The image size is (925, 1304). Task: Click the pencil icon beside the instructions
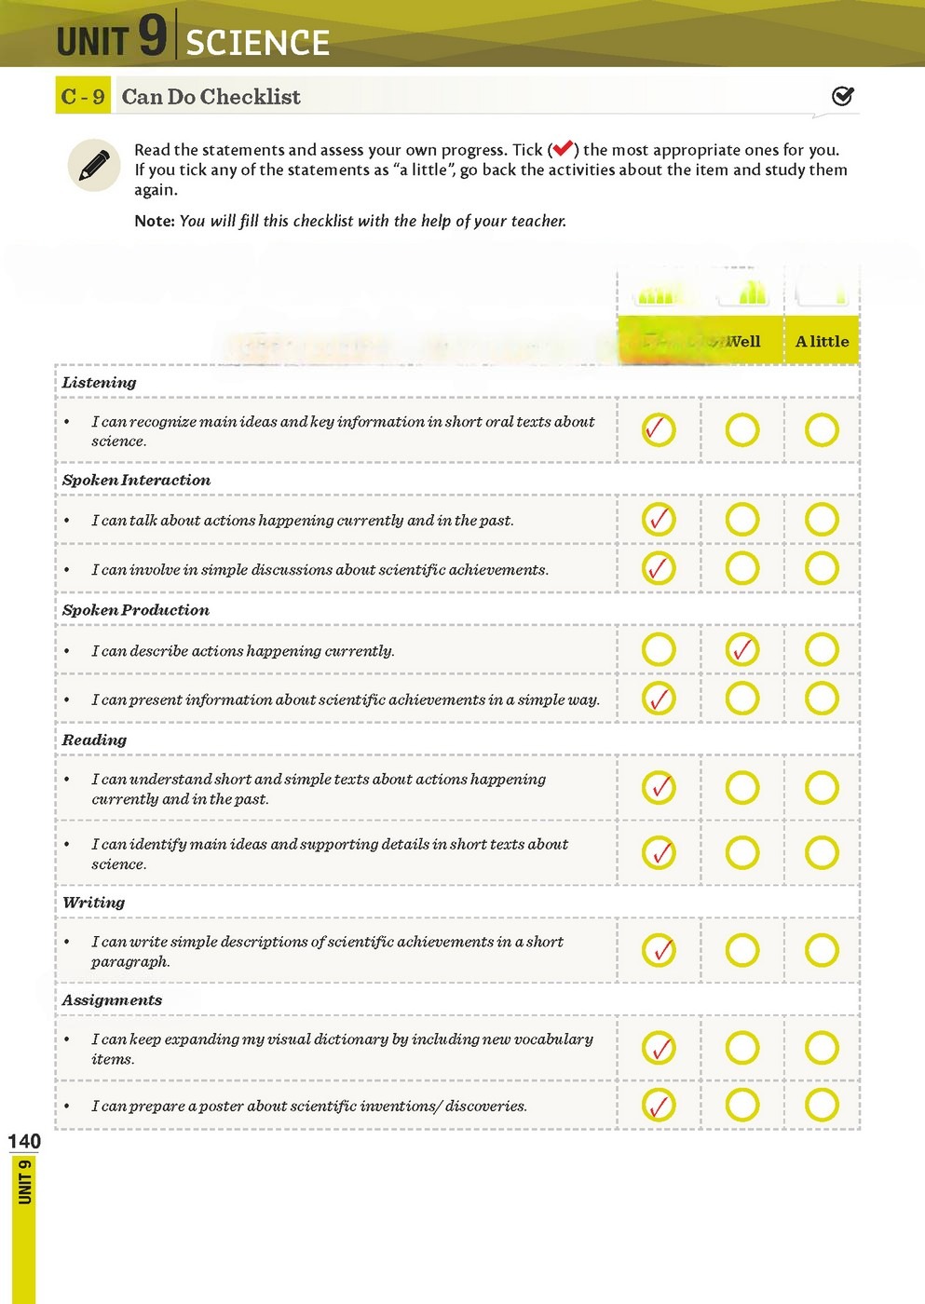click(x=94, y=166)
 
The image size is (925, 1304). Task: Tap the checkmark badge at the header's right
click(x=842, y=96)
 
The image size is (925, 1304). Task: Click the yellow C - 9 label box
click(x=83, y=96)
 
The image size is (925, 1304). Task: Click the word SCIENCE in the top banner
click(x=258, y=43)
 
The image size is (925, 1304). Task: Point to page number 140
click(x=24, y=1141)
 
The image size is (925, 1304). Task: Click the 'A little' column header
click(x=822, y=342)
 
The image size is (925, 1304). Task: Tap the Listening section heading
click(x=99, y=382)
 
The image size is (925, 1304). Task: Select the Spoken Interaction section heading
click(x=136, y=480)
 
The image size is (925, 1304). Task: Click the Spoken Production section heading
click(x=135, y=610)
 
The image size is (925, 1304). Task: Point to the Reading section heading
click(x=94, y=740)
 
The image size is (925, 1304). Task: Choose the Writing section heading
click(x=93, y=903)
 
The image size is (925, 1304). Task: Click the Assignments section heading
click(x=112, y=1000)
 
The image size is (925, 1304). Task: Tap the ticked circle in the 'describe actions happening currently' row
click(x=742, y=649)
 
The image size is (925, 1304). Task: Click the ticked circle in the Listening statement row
click(x=659, y=429)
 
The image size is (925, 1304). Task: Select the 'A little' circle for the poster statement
click(x=822, y=1106)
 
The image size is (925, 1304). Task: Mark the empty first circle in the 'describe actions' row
click(x=659, y=649)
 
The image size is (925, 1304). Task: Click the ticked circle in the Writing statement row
click(x=659, y=950)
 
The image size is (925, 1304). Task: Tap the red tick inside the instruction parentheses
click(x=563, y=149)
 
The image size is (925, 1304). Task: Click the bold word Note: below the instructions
click(x=154, y=221)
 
